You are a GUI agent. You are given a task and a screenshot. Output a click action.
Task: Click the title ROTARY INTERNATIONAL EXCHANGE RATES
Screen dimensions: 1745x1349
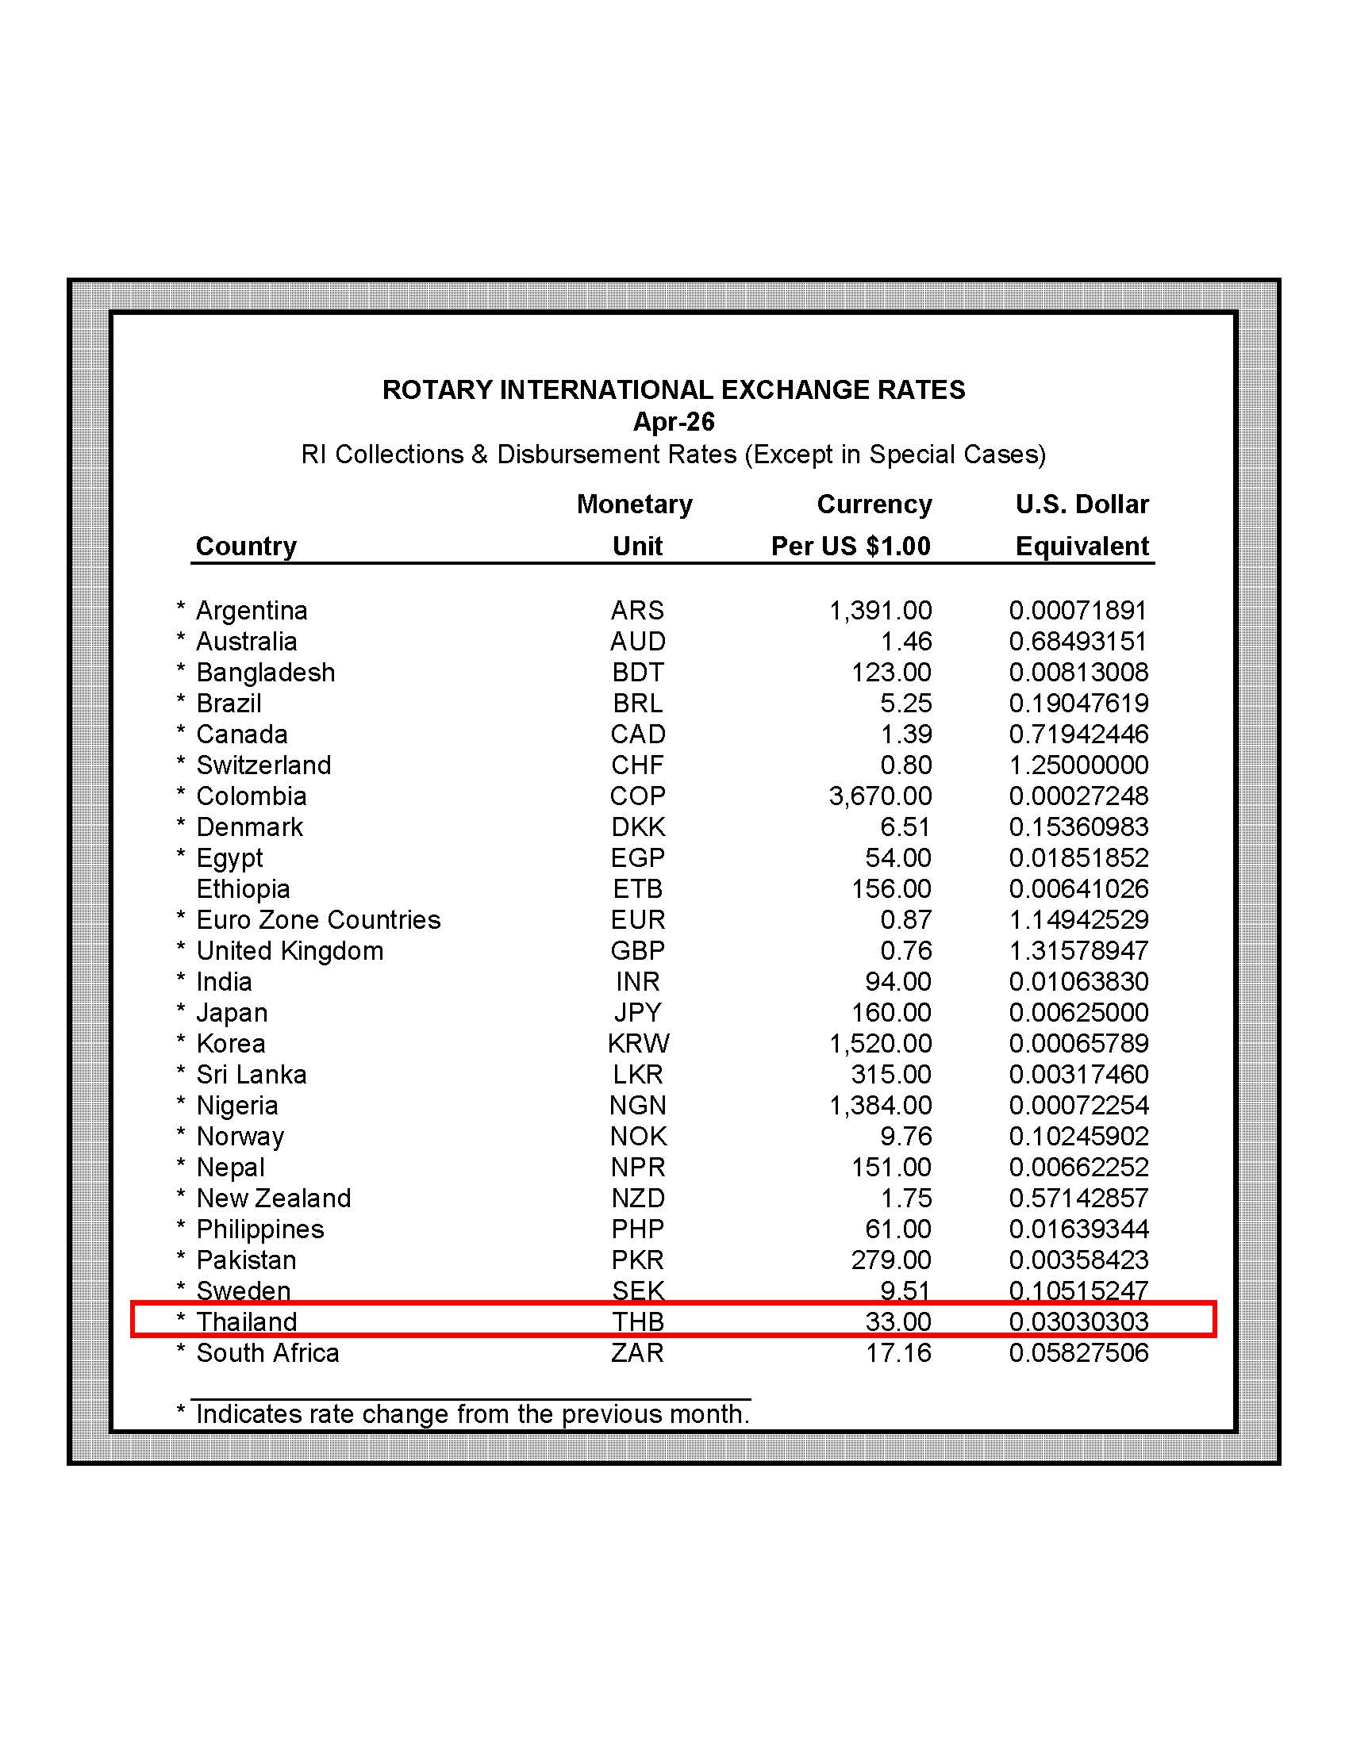click(674, 390)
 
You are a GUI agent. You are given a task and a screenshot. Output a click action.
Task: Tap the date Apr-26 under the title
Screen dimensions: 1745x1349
click(674, 422)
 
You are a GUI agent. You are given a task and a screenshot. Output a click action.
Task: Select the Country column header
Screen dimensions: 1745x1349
click(246, 546)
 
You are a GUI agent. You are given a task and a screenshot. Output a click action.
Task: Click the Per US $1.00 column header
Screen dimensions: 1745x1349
click(851, 546)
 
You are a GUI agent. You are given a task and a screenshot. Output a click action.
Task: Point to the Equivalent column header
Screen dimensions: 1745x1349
click(1082, 546)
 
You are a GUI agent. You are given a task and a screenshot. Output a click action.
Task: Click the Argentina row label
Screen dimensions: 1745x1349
click(252, 611)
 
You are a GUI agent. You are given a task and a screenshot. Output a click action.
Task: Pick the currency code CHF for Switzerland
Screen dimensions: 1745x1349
click(637, 765)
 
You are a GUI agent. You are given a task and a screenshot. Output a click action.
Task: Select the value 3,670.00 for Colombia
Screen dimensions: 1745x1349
click(880, 796)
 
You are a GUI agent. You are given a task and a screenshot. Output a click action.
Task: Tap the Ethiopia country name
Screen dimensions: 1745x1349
click(243, 889)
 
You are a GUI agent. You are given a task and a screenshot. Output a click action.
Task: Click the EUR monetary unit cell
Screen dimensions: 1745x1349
click(637, 920)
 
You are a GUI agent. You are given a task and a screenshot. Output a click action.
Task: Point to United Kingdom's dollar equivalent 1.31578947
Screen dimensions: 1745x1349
click(1078, 951)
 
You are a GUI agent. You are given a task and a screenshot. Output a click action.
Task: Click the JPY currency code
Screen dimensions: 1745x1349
click(637, 1013)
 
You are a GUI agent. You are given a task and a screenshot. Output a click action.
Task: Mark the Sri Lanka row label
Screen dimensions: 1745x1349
click(251, 1075)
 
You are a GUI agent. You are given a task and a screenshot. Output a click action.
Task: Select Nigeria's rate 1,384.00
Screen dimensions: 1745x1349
click(880, 1106)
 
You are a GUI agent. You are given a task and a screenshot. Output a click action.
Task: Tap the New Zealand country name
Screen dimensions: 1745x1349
click(273, 1198)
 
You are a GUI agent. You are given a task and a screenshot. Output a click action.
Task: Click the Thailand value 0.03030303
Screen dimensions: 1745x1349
click(1078, 1322)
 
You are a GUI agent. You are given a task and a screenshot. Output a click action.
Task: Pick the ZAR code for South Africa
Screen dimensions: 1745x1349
click(637, 1353)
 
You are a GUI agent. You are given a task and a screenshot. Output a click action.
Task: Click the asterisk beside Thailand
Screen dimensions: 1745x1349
click(181, 1320)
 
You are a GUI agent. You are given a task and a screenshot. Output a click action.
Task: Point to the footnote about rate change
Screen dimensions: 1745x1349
click(472, 1414)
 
